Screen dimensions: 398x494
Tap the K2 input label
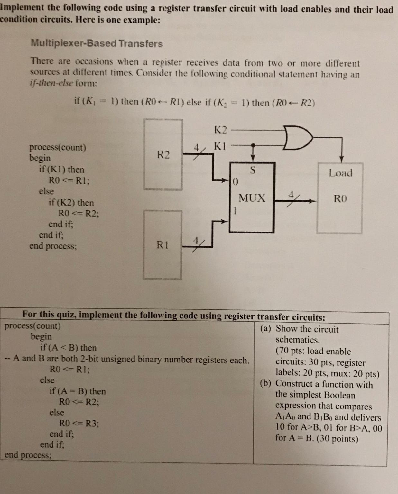pos(220,130)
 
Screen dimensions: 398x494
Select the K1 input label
pos(220,146)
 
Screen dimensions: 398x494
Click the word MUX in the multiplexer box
pos(252,198)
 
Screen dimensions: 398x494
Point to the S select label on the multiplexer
pos(253,171)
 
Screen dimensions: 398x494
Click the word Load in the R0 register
pos(340,173)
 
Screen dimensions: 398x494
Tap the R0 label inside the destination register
pos(340,198)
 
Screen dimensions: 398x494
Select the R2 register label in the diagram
pos(163,155)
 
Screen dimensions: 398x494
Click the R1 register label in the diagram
pos(162,245)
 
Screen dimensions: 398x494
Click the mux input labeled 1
pos(235,211)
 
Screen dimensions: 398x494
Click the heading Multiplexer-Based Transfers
pos(97,43)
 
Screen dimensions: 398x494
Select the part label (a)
pos(266,329)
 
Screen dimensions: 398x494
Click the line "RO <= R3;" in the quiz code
pos(79,423)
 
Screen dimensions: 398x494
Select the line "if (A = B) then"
pos(77,391)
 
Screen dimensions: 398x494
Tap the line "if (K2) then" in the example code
pos(71,203)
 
